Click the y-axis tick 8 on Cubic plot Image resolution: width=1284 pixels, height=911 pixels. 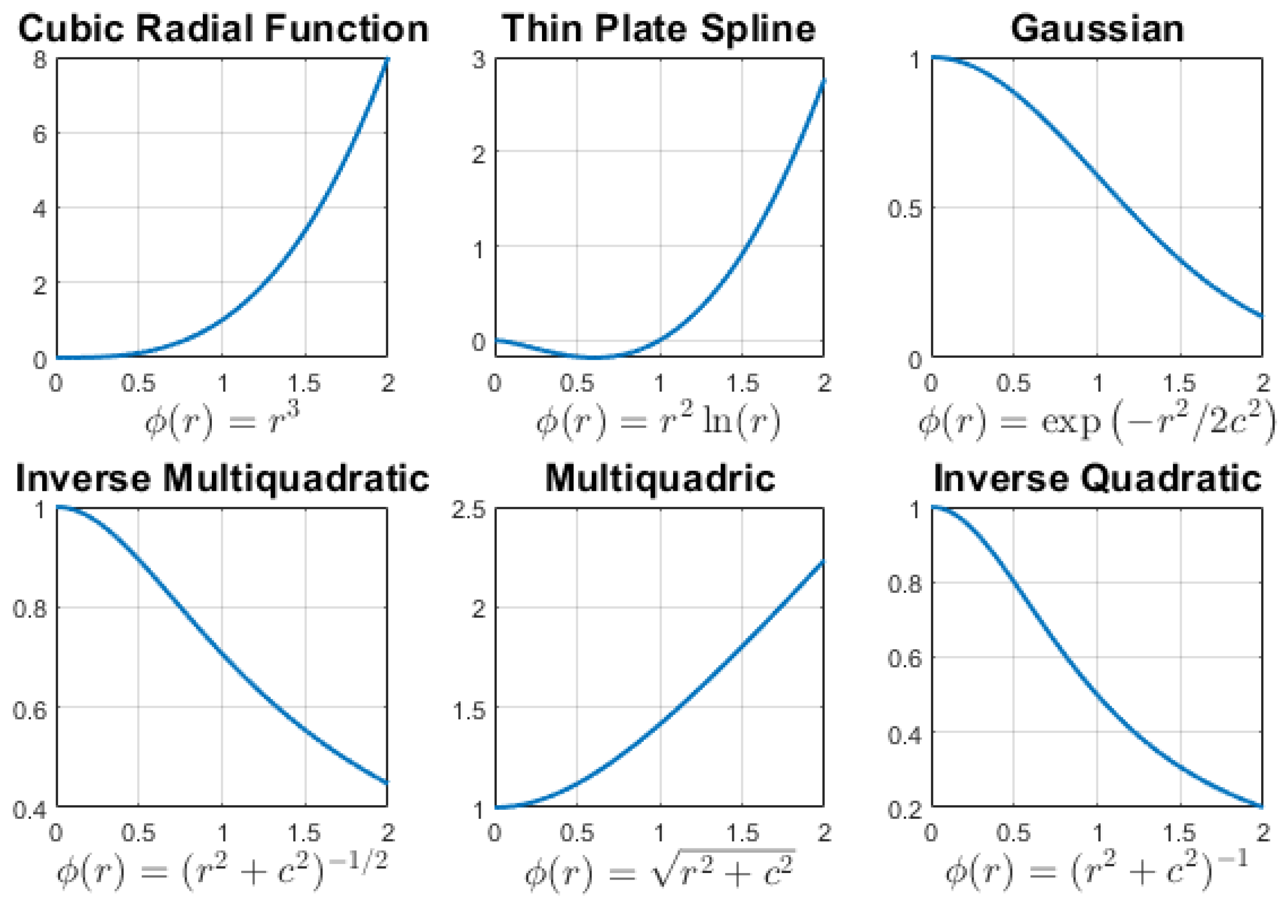pyautogui.click(x=40, y=58)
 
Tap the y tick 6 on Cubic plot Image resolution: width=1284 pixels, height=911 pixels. pyautogui.click(x=40, y=133)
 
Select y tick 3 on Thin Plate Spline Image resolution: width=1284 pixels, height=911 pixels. pyautogui.click(x=479, y=59)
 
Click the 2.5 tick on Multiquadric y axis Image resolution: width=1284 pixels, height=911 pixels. pyautogui.click(x=468, y=509)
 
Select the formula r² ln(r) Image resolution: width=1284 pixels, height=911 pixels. pyautogui.click(x=659, y=421)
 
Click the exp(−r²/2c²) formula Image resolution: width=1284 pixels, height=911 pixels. pyautogui.click(x=1097, y=422)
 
